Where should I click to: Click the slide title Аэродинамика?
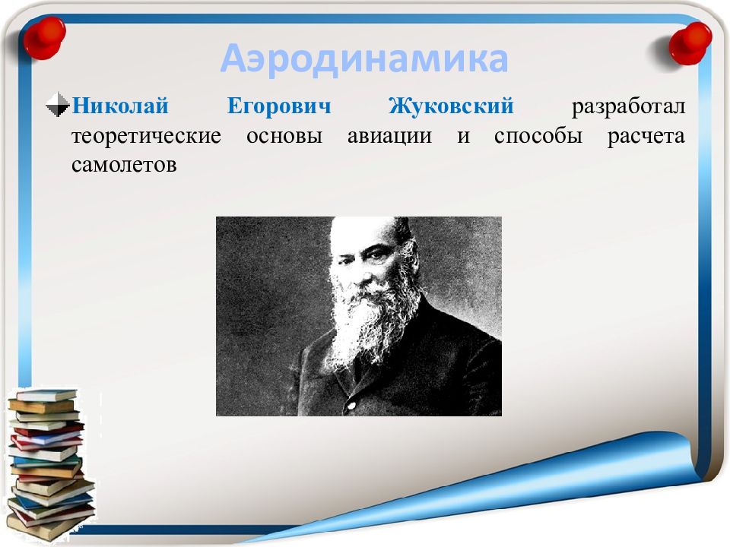click(364, 59)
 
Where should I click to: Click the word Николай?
click(120, 106)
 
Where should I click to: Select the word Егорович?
click(279, 106)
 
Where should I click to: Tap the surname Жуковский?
click(451, 106)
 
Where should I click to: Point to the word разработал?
click(629, 107)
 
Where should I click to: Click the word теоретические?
click(146, 136)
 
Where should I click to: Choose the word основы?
click(284, 136)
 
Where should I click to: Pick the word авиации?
click(389, 137)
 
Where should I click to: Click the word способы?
click(538, 135)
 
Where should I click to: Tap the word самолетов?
click(124, 165)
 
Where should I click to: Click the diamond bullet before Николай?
click(58, 105)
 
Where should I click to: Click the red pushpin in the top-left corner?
click(44, 38)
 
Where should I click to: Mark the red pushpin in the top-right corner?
click(690, 43)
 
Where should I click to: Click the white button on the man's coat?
click(351, 406)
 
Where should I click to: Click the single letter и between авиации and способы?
click(463, 137)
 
